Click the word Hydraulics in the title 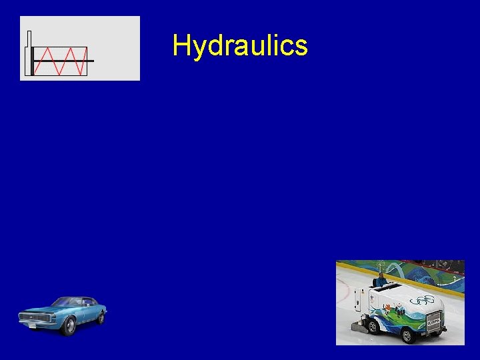pos(239,46)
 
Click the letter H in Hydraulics pos(181,45)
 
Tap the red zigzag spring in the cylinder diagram pos(60,61)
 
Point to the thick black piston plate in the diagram pos(31,61)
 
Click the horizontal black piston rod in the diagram pos(90,61)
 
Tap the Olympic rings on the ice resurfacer pos(422,299)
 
